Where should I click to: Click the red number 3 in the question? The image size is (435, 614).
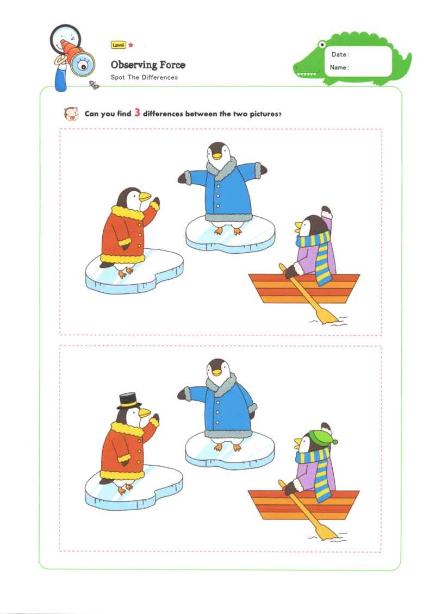click(x=137, y=113)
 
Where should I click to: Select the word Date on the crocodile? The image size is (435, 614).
click(x=339, y=54)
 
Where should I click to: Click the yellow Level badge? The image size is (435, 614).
click(x=119, y=45)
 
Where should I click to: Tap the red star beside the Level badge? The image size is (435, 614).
click(x=131, y=45)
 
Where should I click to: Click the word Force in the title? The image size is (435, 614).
click(x=172, y=65)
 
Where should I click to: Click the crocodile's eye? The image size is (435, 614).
click(x=322, y=44)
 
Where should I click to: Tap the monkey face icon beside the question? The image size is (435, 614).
click(x=71, y=114)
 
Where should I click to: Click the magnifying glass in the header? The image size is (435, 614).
click(x=65, y=39)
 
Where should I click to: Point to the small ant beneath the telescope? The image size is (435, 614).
click(x=94, y=85)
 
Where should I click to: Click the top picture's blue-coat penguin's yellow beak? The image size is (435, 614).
click(x=216, y=156)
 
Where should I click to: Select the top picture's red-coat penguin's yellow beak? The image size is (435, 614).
click(x=145, y=196)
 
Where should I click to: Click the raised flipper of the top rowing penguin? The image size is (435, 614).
click(x=327, y=212)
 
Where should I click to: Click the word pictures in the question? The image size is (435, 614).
click(x=264, y=114)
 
